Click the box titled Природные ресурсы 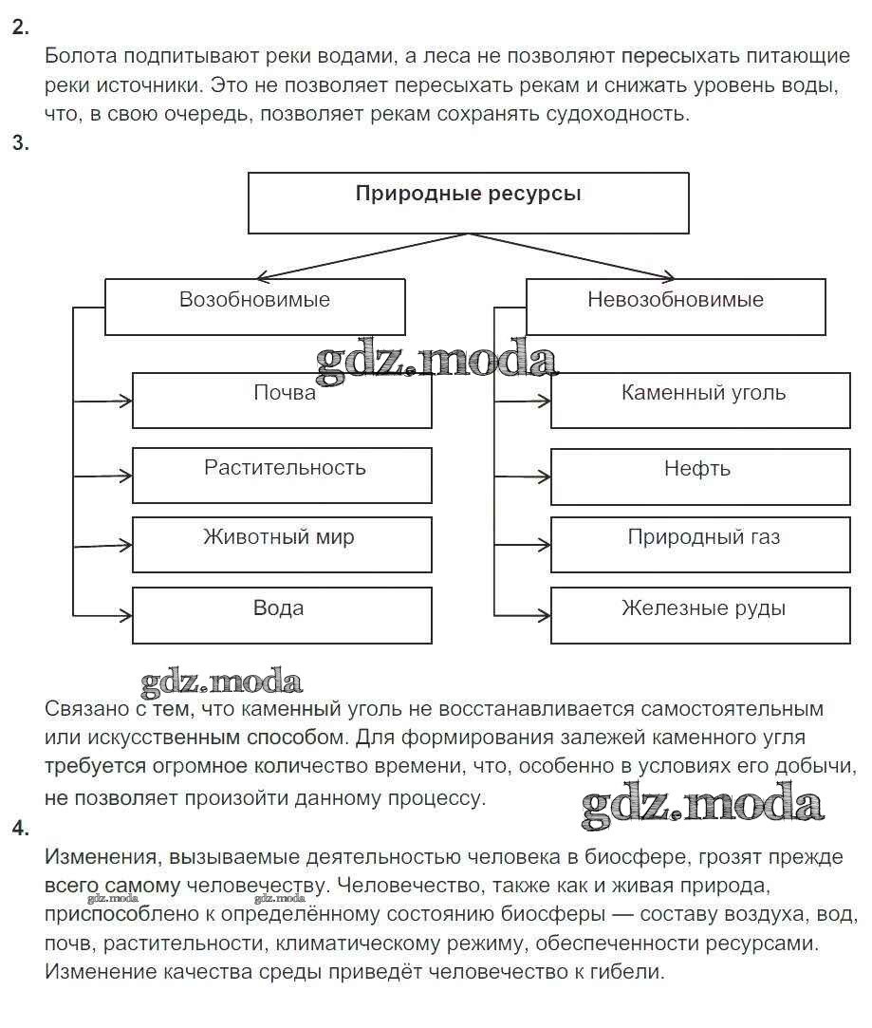tap(468, 202)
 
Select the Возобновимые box tap(254, 306)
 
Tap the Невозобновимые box tap(675, 306)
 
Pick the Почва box tap(282, 400)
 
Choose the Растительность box tap(282, 475)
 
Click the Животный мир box tap(282, 544)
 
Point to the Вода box tap(282, 615)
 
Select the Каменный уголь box tap(700, 400)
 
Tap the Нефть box tap(700, 476)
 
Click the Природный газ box tap(700, 544)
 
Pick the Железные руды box tap(700, 615)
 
